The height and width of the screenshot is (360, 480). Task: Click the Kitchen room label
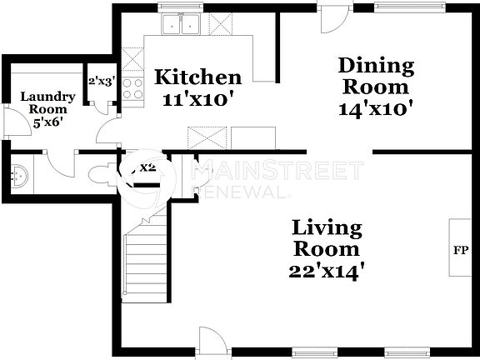[x=198, y=77]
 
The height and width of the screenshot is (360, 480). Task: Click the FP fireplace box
[x=459, y=247]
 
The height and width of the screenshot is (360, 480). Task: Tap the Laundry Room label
[x=47, y=102]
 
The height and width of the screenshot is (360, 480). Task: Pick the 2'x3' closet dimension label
[x=100, y=81]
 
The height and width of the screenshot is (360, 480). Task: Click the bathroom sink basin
[x=22, y=176]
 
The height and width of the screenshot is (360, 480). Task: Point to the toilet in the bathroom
[x=101, y=172]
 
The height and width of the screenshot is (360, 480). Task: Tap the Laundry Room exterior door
[x=14, y=123]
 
